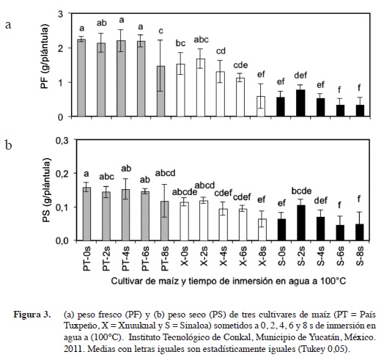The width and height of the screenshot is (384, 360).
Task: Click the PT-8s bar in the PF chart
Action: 160,91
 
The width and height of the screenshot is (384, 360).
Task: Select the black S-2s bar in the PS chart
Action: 300,223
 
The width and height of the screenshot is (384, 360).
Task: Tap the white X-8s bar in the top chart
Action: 261,106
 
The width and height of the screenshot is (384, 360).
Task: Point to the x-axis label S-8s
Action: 359,256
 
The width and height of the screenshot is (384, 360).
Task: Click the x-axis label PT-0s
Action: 87,258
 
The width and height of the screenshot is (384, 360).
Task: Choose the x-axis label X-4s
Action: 223,256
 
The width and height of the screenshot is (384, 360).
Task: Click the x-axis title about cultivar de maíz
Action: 228,281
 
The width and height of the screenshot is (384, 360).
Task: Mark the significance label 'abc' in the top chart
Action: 202,40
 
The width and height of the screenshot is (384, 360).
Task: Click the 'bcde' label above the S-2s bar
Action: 301,191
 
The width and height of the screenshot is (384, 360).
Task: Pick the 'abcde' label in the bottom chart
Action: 185,192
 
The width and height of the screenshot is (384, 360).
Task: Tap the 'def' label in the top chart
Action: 300,76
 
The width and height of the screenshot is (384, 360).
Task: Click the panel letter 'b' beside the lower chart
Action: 8,145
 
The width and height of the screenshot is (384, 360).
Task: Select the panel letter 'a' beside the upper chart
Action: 8,25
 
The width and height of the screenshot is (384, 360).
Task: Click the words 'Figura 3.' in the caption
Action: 32,315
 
